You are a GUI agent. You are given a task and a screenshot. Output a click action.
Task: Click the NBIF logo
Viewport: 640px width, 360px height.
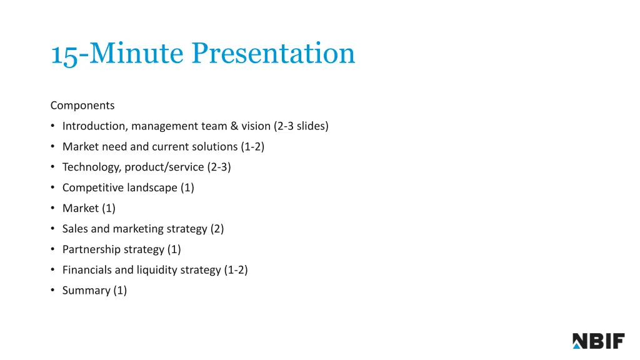(x=598, y=341)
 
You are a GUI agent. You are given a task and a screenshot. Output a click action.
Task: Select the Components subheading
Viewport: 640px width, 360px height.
(x=82, y=105)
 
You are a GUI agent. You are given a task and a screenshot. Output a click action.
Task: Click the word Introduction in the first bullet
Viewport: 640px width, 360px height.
(x=94, y=126)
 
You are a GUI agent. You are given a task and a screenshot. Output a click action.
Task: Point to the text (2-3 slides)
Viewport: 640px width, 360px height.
(x=301, y=126)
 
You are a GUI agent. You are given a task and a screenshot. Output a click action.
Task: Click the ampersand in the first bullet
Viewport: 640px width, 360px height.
(x=234, y=126)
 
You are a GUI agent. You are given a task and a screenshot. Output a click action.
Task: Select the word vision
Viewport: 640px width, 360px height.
(x=256, y=126)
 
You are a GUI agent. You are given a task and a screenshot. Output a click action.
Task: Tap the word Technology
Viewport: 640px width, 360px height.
(x=91, y=167)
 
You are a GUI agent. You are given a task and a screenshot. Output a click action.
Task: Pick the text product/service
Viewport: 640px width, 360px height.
(x=164, y=167)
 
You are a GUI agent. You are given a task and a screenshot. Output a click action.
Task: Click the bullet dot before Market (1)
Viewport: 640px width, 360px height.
(x=54, y=208)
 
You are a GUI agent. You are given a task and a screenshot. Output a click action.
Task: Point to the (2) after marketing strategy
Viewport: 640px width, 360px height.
(x=217, y=229)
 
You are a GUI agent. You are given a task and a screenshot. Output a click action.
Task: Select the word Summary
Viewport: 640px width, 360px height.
(x=86, y=291)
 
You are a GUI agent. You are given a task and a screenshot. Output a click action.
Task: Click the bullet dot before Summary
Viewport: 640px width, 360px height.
(x=54, y=291)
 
